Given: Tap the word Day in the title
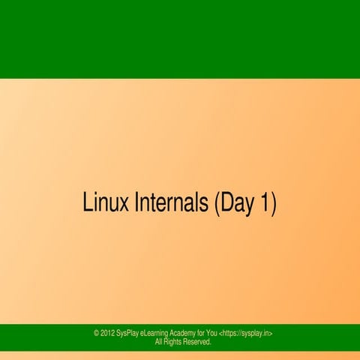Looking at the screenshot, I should [x=236, y=204].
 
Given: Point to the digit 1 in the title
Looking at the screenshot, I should [x=265, y=203].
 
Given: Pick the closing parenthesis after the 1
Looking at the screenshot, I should [x=274, y=204].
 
